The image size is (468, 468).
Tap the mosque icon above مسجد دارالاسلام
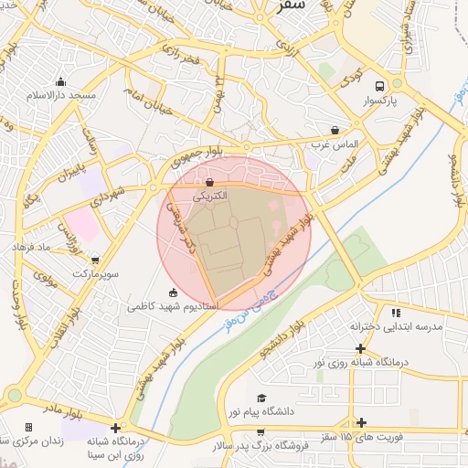[60, 81]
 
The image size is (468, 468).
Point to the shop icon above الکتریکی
[211, 182]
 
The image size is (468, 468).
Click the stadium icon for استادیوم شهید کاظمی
[174, 292]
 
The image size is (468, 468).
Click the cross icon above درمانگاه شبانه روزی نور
[361, 348]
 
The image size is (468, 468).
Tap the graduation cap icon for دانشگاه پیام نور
[262, 398]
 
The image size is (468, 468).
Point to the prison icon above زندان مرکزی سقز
[28, 427]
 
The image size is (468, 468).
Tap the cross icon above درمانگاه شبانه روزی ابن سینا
[115, 428]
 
